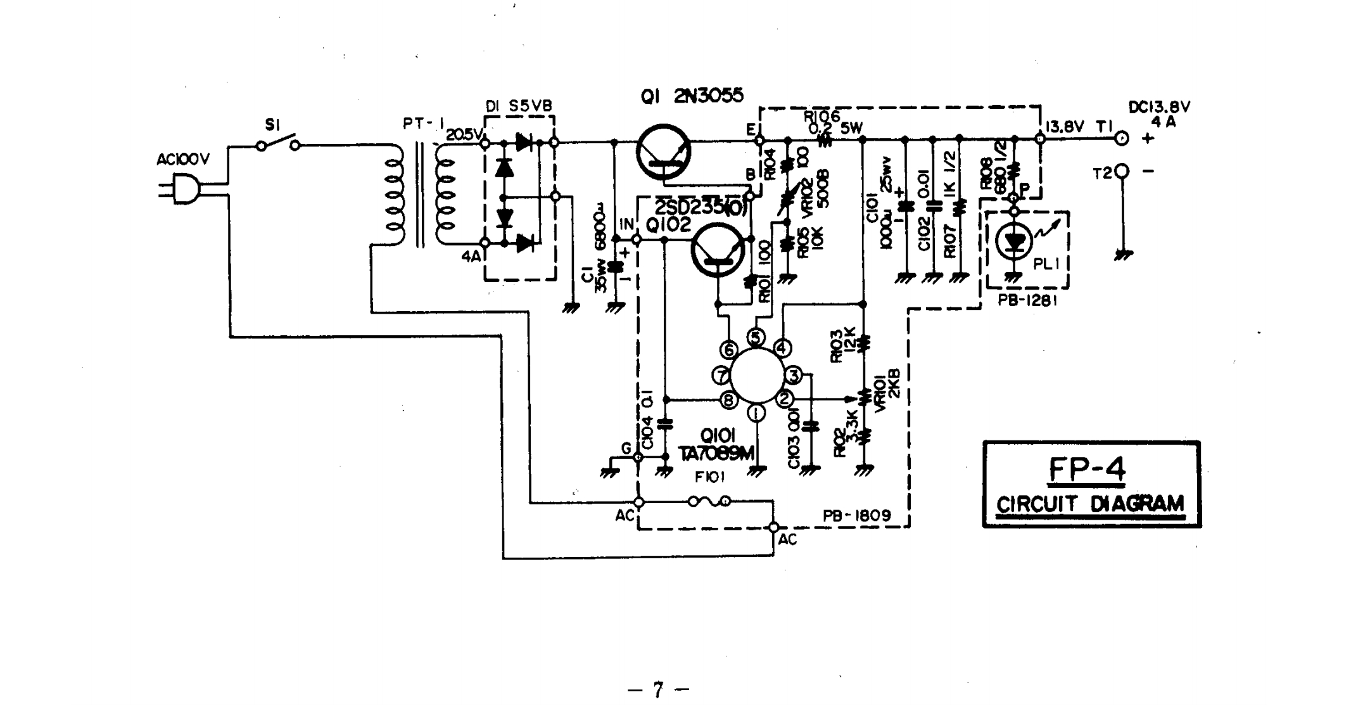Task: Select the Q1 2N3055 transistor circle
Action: point(664,153)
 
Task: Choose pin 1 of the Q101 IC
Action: point(756,413)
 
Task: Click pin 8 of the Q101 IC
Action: point(728,400)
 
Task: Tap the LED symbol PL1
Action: point(1015,242)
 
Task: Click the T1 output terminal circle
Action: point(1121,139)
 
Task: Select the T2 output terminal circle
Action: point(1122,171)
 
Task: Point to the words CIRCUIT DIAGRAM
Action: point(1090,504)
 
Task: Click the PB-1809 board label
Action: point(856,515)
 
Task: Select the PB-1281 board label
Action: point(1027,300)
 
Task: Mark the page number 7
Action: point(658,689)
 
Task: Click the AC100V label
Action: point(182,160)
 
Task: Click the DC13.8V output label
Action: point(1159,107)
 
